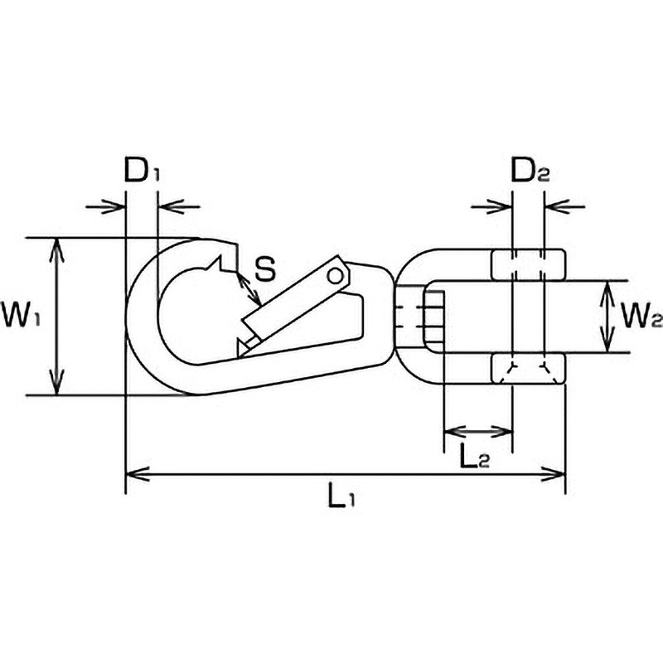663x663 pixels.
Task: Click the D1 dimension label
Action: (x=142, y=170)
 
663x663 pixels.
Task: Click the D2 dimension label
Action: (x=530, y=170)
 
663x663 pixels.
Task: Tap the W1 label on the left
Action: (x=21, y=315)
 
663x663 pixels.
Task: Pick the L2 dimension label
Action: (x=475, y=457)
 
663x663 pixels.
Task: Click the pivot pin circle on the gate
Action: (x=336, y=276)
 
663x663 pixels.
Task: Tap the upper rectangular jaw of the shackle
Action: (x=528, y=265)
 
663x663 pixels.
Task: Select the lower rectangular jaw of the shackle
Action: (x=528, y=369)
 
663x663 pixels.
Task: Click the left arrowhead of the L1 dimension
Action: (x=138, y=474)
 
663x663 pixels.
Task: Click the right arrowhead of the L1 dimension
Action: (x=554, y=474)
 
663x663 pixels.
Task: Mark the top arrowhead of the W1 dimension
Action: (x=56, y=249)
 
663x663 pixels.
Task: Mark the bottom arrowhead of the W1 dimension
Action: (x=56, y=383)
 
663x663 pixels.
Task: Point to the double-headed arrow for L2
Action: (x=478, y=431)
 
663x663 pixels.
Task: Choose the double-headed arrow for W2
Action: (x=607, y=317)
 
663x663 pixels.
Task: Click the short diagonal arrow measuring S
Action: (x=249, y=288)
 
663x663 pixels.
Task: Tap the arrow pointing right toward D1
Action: (x=105, y=206)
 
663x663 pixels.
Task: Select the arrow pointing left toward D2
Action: (x=565, y=206)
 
